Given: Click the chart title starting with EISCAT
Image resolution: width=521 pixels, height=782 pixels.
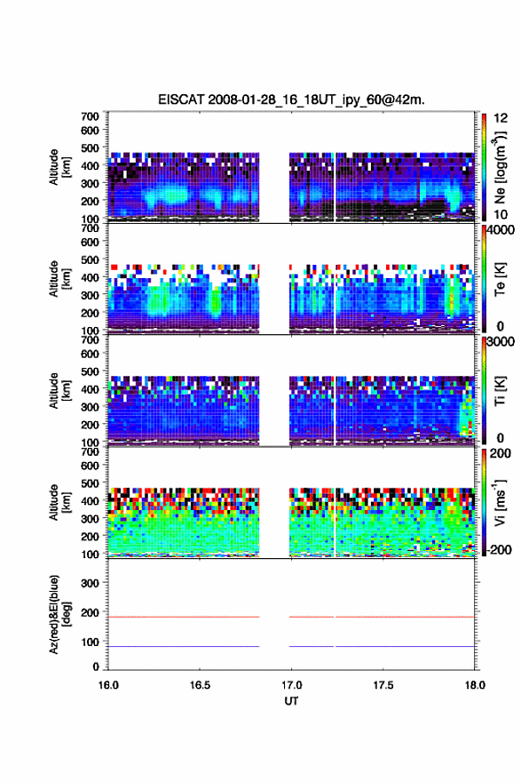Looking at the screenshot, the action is coord(291,100).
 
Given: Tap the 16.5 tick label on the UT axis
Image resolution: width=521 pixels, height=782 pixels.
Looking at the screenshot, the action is coord(200,685).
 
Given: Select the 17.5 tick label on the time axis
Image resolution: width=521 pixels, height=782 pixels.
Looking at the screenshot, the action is coord(383,685).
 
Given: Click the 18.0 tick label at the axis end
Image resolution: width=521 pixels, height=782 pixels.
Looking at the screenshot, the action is coord(475,685).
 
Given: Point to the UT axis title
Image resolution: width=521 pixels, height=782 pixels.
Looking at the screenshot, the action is coord(291,701).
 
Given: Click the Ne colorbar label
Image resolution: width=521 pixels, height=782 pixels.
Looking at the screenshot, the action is coord(500,168).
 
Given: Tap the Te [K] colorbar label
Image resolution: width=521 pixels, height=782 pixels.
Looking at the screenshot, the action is coord(500,279).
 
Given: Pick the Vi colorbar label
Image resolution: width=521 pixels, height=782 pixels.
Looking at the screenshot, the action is coord(500,502).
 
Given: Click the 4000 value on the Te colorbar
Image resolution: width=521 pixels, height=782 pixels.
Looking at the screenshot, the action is coord(501,231).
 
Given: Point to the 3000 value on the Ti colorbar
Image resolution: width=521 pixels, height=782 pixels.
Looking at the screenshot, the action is coord(501,342).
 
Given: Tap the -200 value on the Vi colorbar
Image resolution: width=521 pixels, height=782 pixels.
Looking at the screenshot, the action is coord(499,549).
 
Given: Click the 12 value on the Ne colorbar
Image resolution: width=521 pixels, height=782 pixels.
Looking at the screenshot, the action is coord(501,118).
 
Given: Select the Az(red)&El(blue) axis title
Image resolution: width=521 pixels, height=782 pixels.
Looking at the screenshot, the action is coord(59,614).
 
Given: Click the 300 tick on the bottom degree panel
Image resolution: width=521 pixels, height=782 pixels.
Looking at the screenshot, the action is coord(90,583).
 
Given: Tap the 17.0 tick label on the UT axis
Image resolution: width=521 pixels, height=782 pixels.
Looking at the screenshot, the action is coord(291,685).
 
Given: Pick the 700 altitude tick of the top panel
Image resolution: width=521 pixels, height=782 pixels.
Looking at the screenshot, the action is coord(90,116).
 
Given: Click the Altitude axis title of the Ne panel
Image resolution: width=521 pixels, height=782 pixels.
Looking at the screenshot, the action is coord(59,167).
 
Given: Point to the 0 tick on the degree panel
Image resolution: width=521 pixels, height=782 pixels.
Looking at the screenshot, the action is coord(96,666).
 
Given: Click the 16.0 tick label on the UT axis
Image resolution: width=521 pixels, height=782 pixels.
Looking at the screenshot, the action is coord(108,685).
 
